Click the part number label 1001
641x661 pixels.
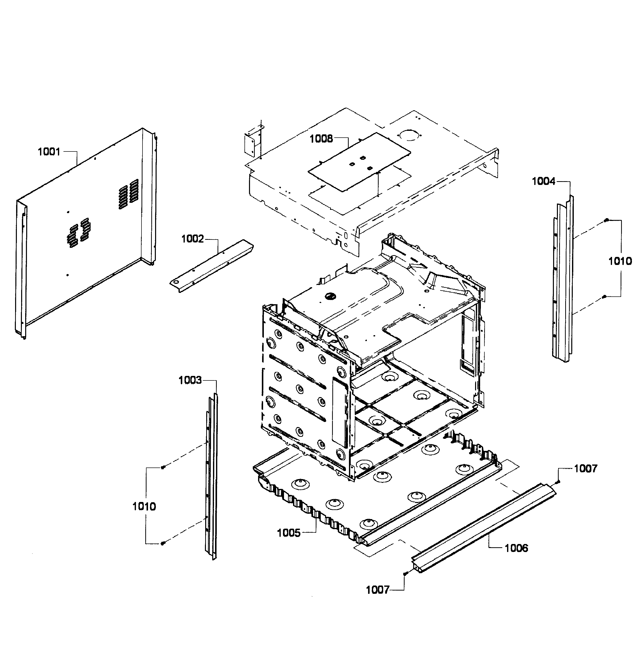49,152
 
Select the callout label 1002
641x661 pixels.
193,239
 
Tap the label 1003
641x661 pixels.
190,380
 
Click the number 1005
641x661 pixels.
289,533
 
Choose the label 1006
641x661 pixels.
516,548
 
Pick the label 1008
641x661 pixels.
321,139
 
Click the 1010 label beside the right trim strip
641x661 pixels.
620,261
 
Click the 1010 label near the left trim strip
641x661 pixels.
144,506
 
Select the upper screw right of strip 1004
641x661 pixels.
606,220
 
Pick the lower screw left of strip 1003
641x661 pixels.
163,543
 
